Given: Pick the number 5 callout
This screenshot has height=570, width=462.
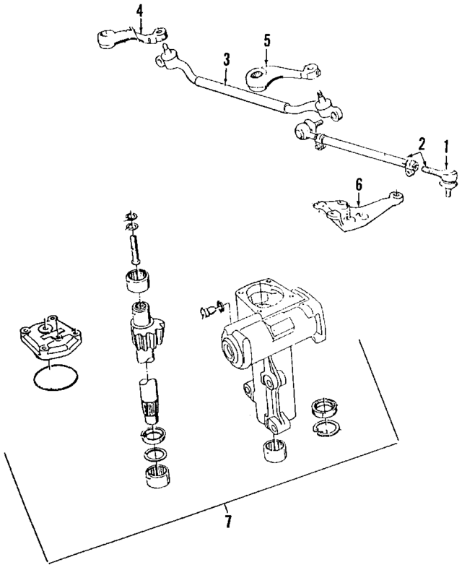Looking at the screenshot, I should click(266, 40).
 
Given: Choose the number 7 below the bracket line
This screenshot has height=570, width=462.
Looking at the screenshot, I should click(229, 521).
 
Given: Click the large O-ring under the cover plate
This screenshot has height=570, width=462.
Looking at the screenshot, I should click(53, 378).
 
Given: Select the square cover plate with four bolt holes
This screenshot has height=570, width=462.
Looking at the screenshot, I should click(49, 337).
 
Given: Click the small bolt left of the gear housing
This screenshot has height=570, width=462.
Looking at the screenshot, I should click(209, 311).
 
